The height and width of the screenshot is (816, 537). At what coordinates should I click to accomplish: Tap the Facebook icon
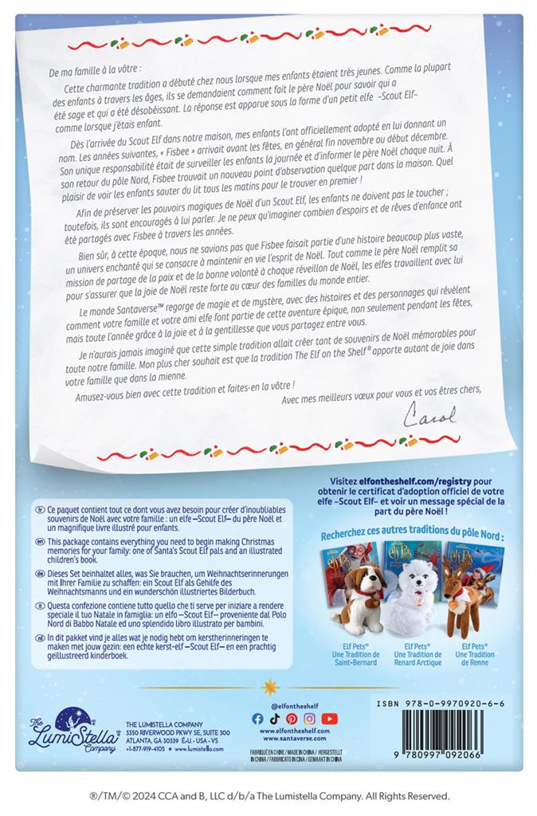257,718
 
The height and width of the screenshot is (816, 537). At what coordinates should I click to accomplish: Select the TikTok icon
274,718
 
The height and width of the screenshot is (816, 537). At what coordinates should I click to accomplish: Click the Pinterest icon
292,718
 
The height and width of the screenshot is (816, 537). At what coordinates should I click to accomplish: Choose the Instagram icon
309,718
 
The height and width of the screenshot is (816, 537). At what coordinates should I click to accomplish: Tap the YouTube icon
329,718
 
